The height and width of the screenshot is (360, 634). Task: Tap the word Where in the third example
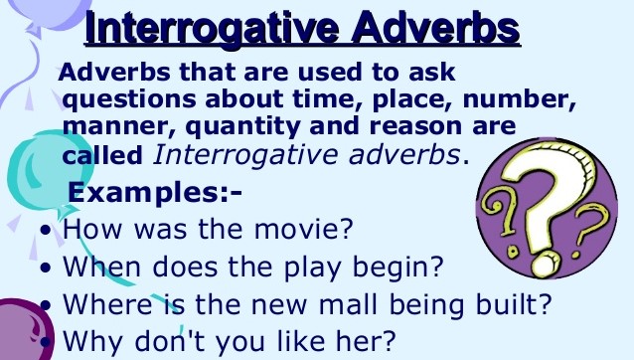tap(105, 303)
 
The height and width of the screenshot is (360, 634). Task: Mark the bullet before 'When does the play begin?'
tap(48, 269)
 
